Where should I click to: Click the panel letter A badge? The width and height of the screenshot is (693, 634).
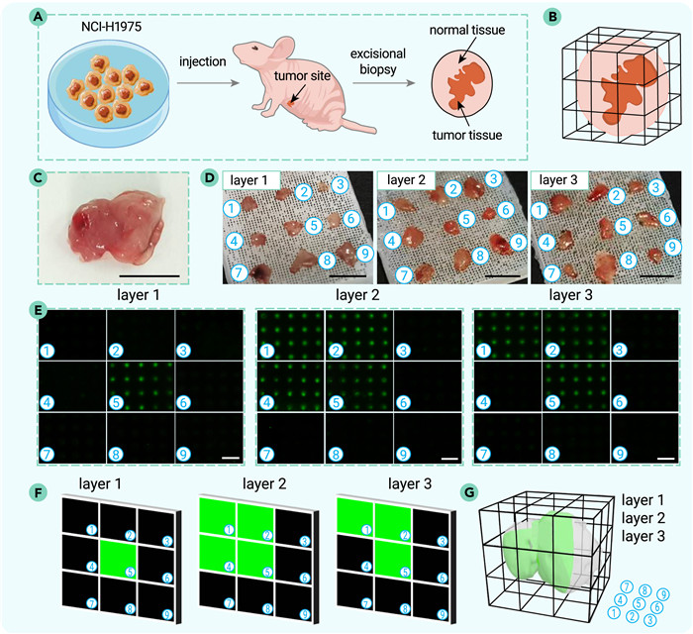point(38,17)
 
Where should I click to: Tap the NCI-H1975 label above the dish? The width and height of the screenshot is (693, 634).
point(111,27)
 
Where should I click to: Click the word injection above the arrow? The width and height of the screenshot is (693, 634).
point(202,61)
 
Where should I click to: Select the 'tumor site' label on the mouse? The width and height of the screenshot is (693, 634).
point(302,75)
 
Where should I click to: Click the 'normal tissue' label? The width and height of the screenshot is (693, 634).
point(467,30)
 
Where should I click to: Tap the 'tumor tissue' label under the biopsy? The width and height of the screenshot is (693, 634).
point(467,135)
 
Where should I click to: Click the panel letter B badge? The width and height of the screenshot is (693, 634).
point(552,17)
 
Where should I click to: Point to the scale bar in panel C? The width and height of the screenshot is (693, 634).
point(149,275)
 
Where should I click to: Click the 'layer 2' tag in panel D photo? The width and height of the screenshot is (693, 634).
point(406,180)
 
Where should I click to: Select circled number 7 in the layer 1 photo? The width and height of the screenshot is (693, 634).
point(239,272)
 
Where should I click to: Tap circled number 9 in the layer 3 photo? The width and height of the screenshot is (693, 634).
point(672,247)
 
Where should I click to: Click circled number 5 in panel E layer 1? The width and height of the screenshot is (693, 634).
point(116,402)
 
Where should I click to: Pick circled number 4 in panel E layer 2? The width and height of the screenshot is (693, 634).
point(267,402)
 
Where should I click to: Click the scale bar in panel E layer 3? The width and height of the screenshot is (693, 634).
point(666,459)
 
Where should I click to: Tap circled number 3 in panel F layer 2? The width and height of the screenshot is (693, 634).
point(305,541)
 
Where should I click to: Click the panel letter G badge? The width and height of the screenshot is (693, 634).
point(468,491)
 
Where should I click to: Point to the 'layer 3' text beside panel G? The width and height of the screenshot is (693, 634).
point(643,536)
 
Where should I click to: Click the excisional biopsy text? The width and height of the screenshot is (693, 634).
point(378,61)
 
